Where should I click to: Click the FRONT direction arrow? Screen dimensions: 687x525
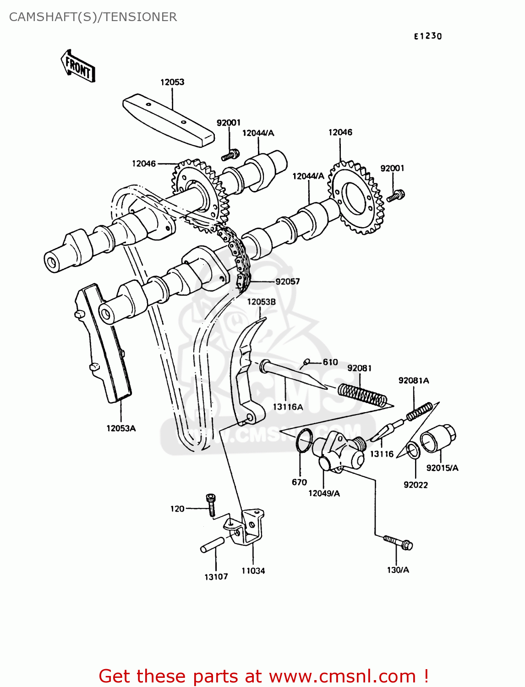click(78, 66)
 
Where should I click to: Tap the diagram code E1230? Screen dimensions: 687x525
click(428, 36)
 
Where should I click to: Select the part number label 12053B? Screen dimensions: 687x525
click(261, 302)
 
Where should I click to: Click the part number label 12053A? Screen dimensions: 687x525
click(121, 428)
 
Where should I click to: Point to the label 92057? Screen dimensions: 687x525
click(287, 282)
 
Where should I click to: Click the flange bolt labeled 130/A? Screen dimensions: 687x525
click(399, 542)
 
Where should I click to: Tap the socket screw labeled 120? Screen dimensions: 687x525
click(211, 505)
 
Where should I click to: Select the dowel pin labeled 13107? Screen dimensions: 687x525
click(212, 544)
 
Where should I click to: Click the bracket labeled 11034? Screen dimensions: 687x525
click(250, 527)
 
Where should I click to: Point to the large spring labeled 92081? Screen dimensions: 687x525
click(362, 395)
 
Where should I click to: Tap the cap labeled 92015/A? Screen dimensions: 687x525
click(438, 438)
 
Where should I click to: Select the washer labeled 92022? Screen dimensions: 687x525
click(413, 451)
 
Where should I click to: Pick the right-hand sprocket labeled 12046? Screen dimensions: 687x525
click(356, 197)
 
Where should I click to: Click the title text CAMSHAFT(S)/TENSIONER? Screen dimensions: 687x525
click(93, 17)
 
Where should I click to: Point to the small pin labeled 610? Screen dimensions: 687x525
click(306, 362)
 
